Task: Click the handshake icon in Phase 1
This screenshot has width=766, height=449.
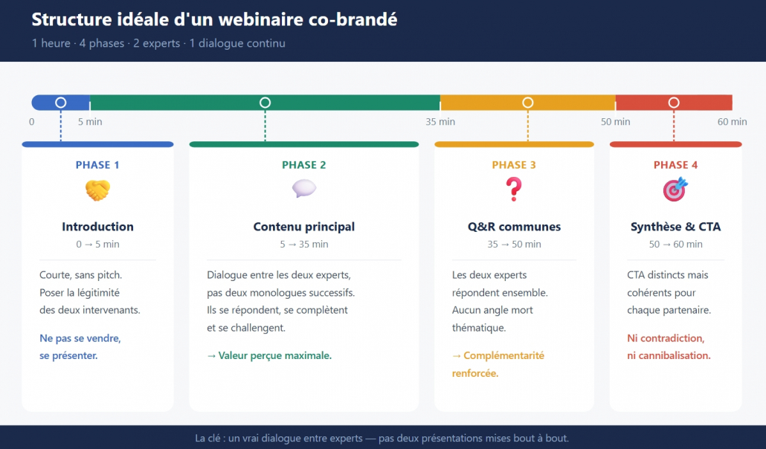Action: coord(97,191)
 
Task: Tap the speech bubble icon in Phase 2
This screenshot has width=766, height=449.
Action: coord(303,190)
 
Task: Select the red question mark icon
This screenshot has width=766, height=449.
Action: coord(514,190)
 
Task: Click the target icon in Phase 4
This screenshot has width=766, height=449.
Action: coord(675,190)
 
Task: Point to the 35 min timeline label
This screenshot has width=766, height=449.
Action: coord(440,122)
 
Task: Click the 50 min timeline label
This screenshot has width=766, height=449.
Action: coord(616,122)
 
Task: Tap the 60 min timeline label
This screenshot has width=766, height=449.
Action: coord(732,122)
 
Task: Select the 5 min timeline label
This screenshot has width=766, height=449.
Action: coord(90,122)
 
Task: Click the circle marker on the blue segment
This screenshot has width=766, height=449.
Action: coord(61,103)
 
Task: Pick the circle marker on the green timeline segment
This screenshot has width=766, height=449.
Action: coord(265,103)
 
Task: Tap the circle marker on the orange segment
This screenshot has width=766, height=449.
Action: coord(528,103)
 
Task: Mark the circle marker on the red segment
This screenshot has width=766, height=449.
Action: coord(674,103)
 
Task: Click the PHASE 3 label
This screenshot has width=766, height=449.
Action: coord(514,165)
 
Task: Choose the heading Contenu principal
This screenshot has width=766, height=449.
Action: coord(303,227)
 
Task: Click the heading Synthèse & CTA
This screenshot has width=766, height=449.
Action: coord(675,227)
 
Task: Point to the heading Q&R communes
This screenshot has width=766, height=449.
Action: coord(514,227)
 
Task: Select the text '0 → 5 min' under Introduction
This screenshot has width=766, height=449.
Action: coord(97,245)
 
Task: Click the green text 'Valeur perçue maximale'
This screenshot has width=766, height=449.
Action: coord(274,355)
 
